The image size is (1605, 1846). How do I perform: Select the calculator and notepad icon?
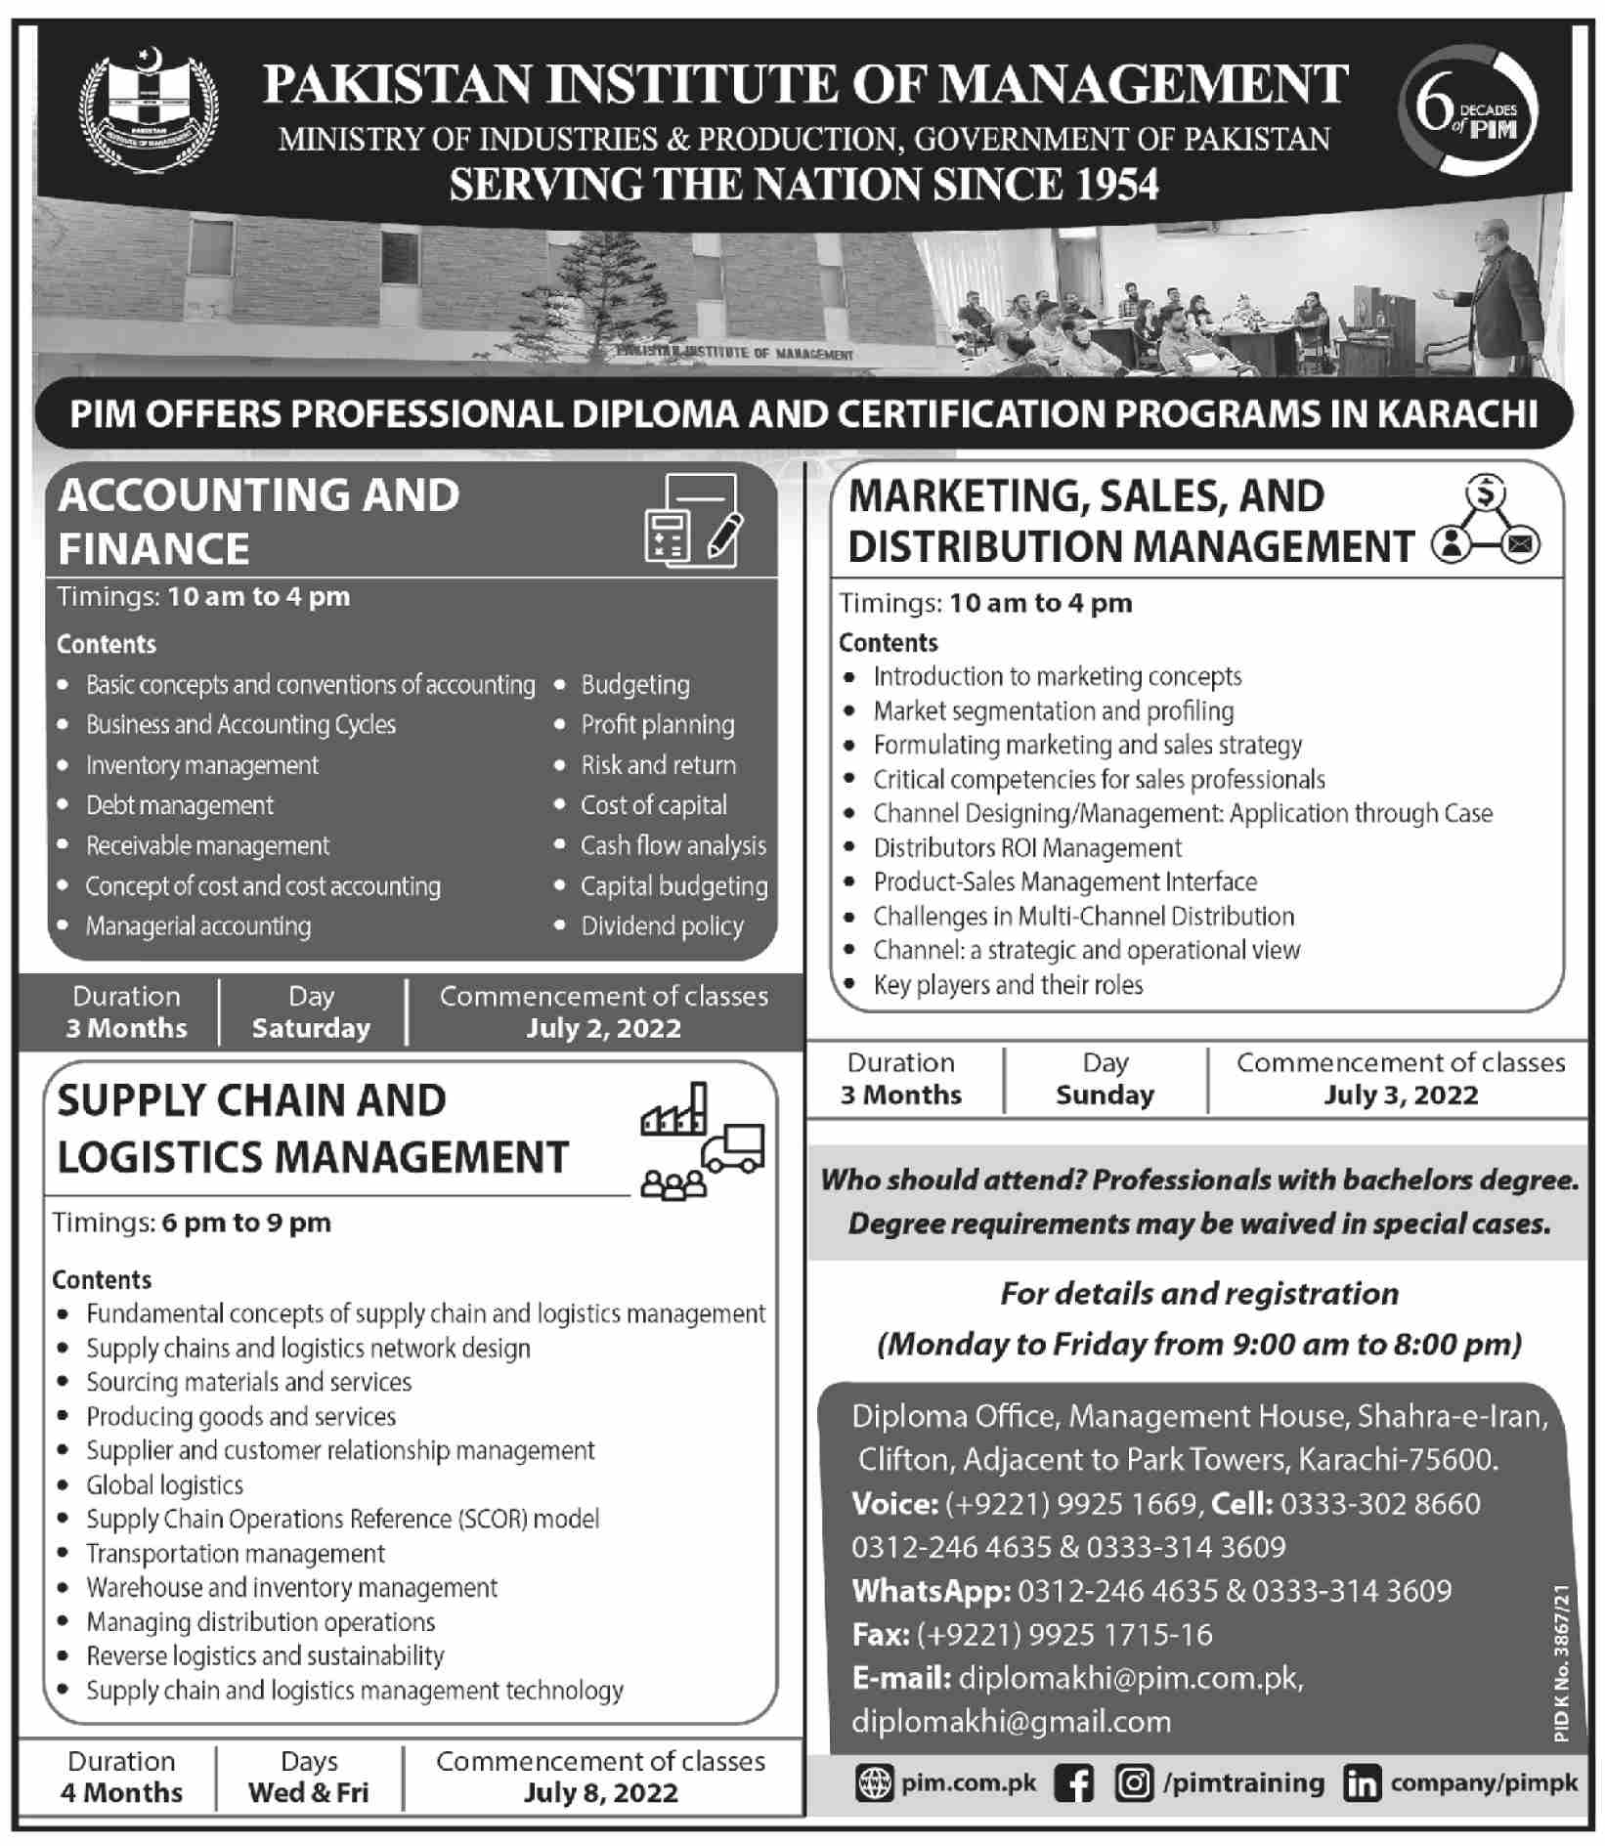click(x=693, y=521)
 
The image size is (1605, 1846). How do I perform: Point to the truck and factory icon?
click(x=702, y=1139)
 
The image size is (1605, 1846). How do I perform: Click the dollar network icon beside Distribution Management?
click(x=1486, y=523)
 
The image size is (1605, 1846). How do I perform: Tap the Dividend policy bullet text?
click(x=662, y=925)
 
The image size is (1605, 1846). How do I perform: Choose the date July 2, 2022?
click(x=603, y=1028)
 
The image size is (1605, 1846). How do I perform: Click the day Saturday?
click(x=311, y=1028)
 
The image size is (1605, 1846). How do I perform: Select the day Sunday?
click(x=1105, y=1095)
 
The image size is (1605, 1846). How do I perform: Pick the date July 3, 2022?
click(x=1401, y=1095)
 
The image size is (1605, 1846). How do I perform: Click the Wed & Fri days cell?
click(x=309, y=1792)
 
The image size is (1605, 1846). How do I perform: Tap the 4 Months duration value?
click(x=122, y=1792)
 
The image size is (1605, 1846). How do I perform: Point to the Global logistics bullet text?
click(x=164, y=1484)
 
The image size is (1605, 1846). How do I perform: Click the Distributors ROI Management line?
click(x=1027, y=847)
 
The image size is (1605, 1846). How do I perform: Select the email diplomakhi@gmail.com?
click(x=1011, y=1721)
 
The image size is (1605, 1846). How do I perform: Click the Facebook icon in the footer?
click(x=1074, y=1783)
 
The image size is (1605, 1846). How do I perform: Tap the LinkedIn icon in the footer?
click(x=1362, y=1783)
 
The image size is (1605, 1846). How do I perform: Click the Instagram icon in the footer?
click(x=1134, y=1783)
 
